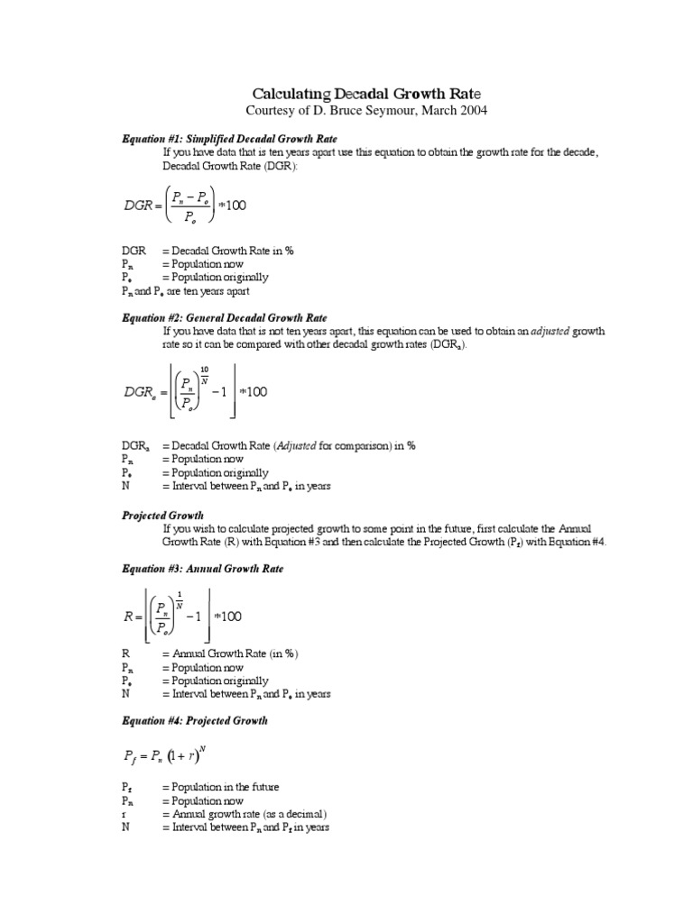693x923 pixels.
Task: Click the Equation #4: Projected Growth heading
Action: (195, 721)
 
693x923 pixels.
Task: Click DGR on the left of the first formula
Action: (141, 206)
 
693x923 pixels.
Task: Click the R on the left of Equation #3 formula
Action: (128, 617)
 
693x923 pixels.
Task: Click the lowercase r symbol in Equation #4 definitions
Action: (124, 814)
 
